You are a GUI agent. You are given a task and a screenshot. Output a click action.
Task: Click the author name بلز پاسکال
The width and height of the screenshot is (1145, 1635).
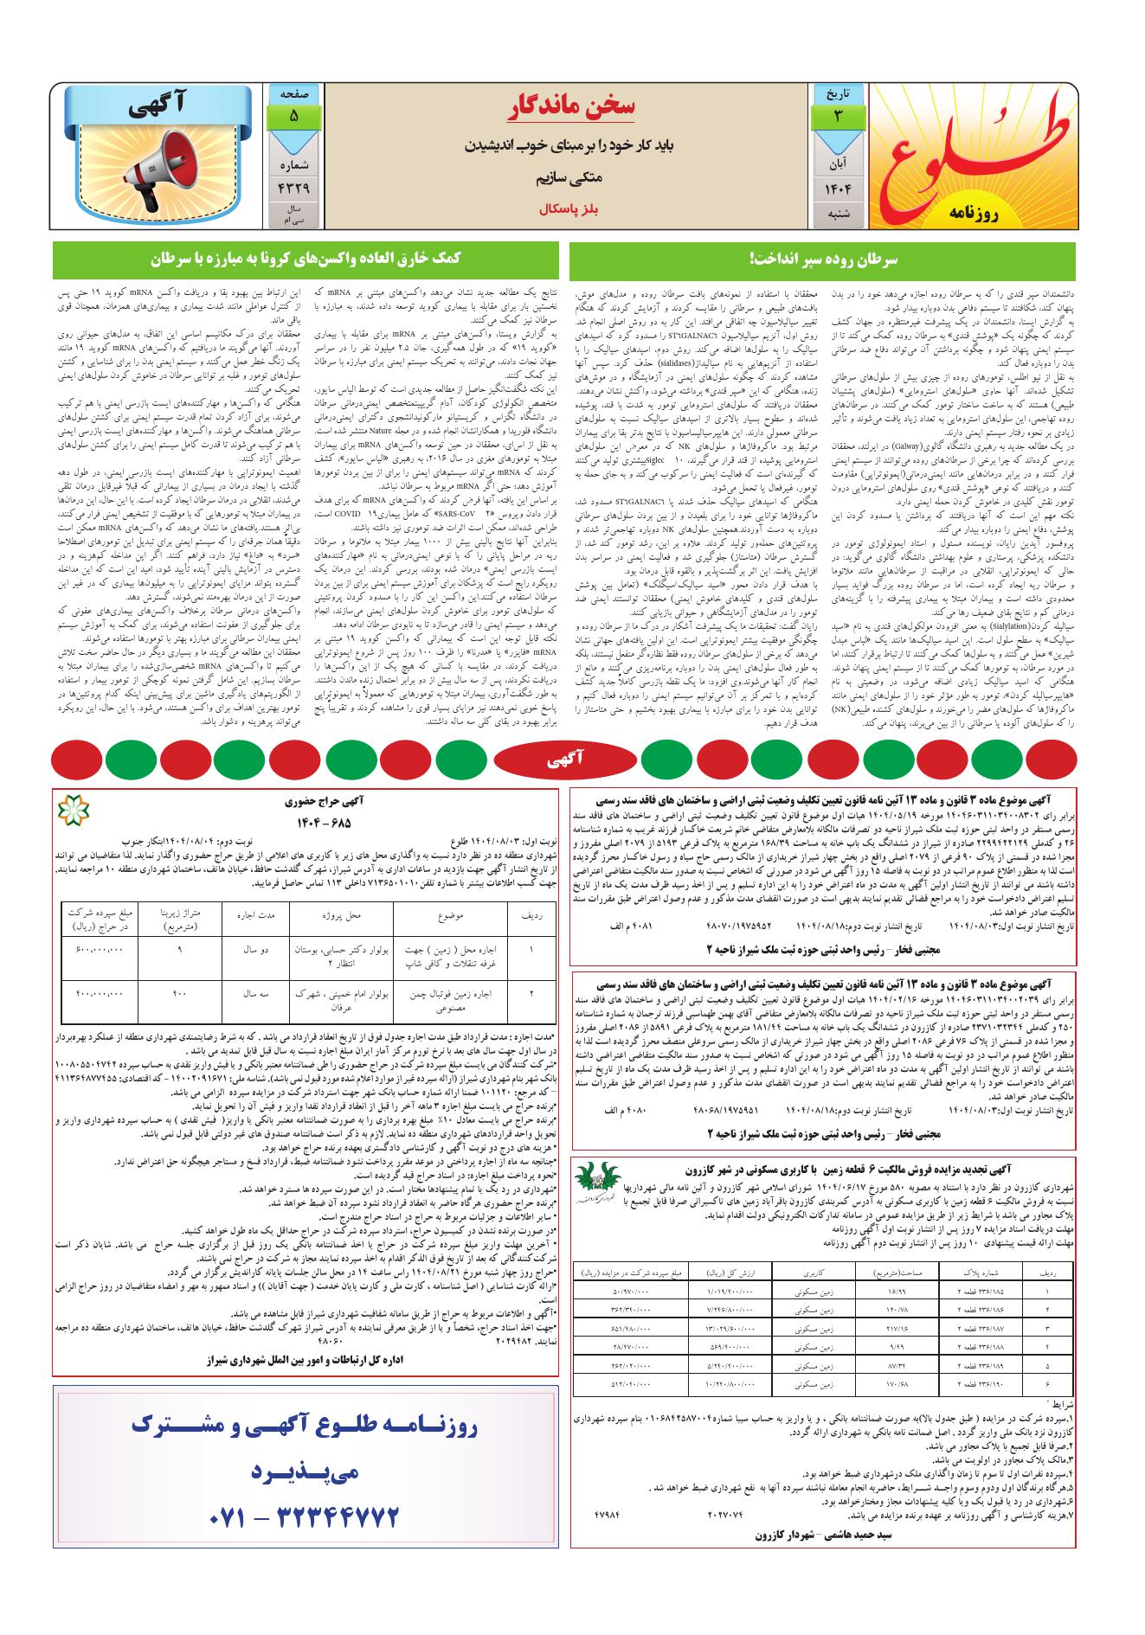[x=564, y=210]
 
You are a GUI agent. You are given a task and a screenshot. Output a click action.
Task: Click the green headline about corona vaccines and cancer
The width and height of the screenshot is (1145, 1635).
[x=306, y=259]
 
